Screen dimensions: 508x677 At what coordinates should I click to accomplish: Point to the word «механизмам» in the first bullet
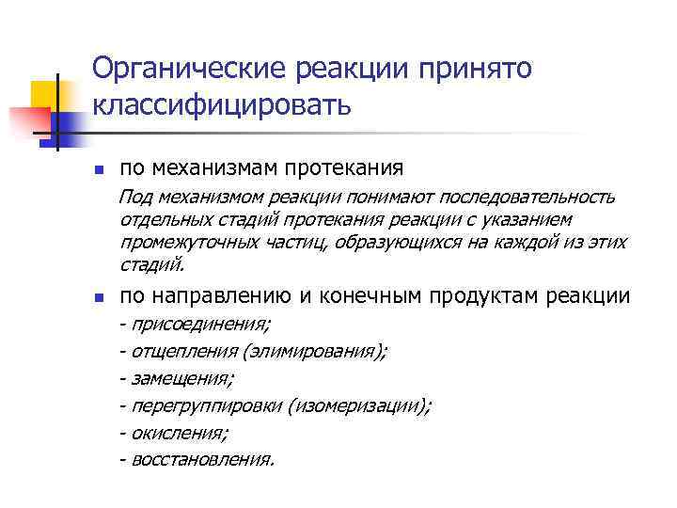click(227, 169)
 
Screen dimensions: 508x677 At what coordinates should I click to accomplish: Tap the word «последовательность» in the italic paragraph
click(524, 197)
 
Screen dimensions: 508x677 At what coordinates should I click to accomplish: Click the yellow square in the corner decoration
click(44, 94)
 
